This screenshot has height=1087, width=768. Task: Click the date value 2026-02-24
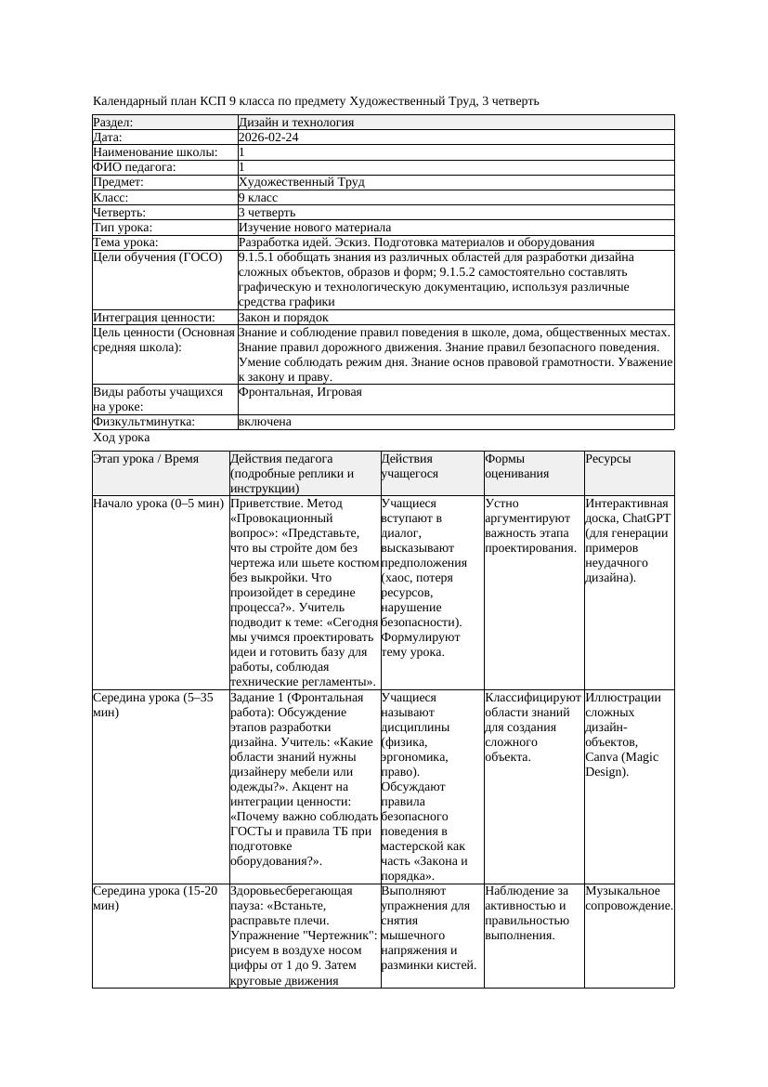268,138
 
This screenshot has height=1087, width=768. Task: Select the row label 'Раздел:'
113,123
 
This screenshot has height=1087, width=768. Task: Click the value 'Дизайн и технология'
295,123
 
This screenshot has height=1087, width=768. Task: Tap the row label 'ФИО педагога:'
135,167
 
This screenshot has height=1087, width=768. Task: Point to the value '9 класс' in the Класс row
258,198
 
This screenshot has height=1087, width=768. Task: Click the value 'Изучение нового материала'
314,228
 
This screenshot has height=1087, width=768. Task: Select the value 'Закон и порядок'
283,318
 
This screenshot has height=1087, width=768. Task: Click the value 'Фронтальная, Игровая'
300,392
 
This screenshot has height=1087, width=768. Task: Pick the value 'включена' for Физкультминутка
265,422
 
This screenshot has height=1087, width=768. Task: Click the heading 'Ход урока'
122,437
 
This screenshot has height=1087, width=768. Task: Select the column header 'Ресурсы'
608,459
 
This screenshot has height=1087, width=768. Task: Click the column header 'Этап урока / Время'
146,459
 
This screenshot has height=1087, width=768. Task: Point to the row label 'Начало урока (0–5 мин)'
158,504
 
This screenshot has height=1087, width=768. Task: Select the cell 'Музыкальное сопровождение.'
629,897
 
